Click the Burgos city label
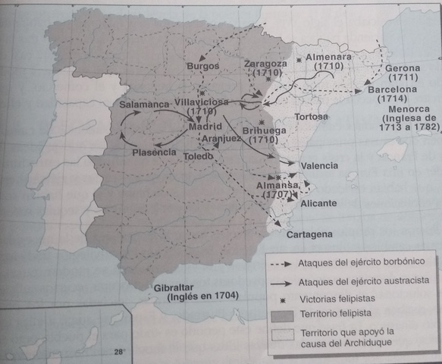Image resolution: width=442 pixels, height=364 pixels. [202, 67]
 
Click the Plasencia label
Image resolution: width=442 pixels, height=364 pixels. [154, 151]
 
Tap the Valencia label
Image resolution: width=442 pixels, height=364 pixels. [319, 165]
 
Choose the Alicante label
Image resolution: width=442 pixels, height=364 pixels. [319, 203]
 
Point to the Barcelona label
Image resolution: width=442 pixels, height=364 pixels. [393, 89]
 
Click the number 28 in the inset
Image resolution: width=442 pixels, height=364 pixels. [118, 352]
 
